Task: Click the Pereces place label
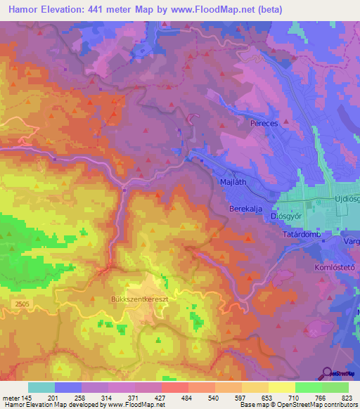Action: (265, 123)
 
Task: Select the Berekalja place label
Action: (245, 209)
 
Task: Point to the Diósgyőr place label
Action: (265, 216)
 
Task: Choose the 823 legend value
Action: (348, 397)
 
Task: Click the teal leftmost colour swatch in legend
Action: (41, 387)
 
